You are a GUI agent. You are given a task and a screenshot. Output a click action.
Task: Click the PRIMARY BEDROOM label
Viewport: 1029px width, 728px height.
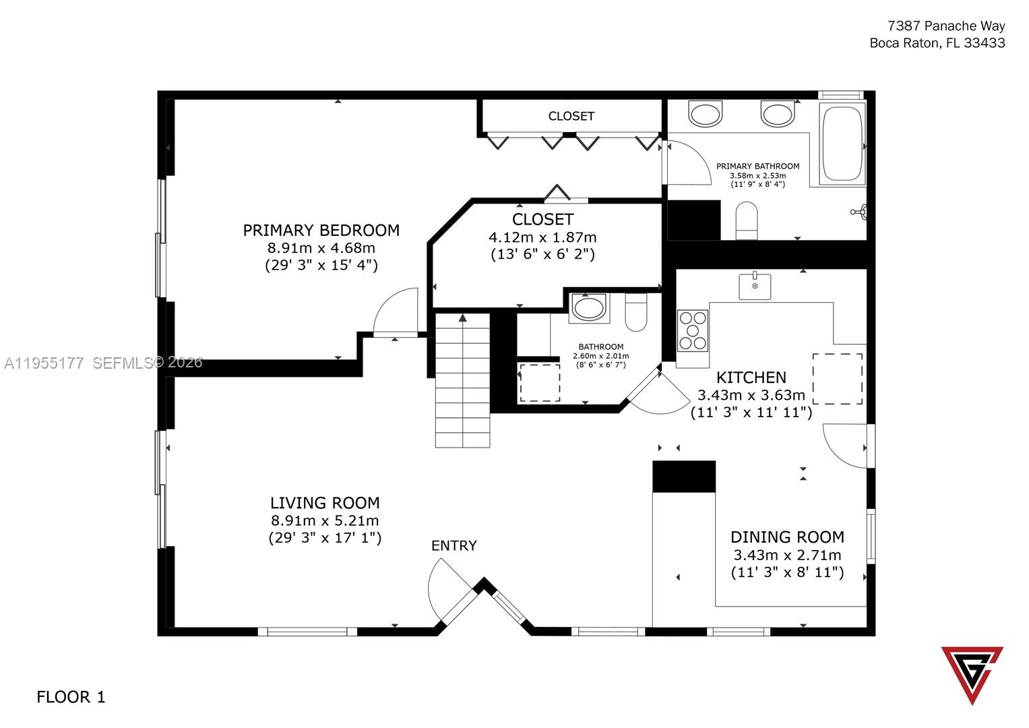[321, 231]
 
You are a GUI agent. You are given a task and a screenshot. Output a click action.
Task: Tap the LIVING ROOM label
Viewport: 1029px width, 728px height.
[325, 504]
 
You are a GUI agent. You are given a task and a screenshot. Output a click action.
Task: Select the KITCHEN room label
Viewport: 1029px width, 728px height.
[751, 377]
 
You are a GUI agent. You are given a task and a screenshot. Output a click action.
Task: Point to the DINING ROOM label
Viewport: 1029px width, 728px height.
[787, 537]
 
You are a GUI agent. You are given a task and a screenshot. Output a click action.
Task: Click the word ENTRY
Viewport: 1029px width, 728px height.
[454, 545]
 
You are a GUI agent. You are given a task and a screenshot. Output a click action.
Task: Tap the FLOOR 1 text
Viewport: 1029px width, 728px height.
[71, 697]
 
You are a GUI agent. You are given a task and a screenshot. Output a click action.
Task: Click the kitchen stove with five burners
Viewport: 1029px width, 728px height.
[693, 330]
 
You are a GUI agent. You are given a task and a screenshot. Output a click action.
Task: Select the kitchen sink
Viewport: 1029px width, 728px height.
[755, 286]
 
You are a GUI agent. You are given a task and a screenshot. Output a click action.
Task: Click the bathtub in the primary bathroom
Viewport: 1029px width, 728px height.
[842, 144]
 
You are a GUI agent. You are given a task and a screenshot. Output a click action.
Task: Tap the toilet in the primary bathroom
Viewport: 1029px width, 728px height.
[747, 220]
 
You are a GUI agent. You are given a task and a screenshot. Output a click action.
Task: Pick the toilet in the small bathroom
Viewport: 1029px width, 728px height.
[636, 312]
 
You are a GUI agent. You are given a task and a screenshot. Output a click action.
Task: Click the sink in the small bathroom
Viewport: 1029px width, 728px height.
[588, 309]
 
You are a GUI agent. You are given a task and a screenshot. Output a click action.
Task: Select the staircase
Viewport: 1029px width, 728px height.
[462, 380]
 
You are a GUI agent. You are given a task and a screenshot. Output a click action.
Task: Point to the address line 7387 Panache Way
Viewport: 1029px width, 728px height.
[946, 26]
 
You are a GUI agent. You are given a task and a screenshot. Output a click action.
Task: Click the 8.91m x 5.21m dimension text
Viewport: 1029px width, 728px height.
[325, 520]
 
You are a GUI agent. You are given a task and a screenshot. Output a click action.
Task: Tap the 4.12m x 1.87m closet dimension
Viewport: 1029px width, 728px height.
[542, 237]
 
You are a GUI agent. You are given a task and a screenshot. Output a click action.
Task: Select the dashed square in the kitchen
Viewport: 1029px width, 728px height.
[838, 379]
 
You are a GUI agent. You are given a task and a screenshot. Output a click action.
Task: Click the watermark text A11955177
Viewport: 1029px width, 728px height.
[44, 363]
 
